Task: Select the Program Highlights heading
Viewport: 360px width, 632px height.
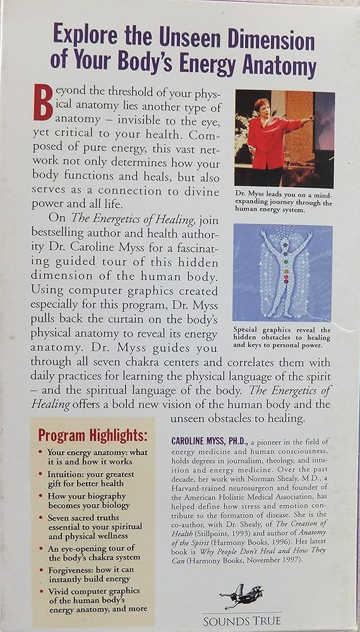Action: click(x=92, y=435)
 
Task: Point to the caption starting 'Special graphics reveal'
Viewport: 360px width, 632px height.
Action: click(x=282, y=337)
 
